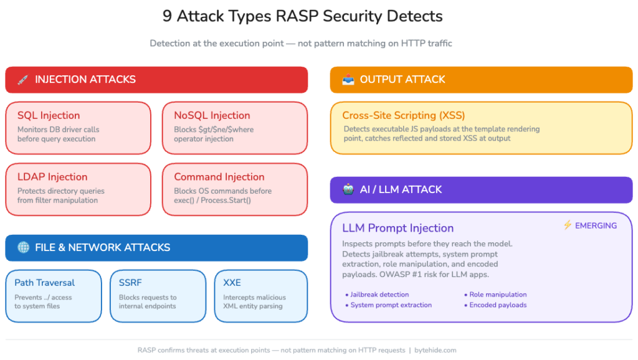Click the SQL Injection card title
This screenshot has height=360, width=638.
(x=49, y=115)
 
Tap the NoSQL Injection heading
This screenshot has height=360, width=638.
(x=212, y=115)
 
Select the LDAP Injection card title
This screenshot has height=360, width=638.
(x=52, y=177)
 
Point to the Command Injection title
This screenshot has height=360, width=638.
(x=219, y=177)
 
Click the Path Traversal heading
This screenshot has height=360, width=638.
(x=45, y=282)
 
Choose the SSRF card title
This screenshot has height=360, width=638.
(x=130, y=282)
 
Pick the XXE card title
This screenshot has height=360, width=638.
(x=232, y=282)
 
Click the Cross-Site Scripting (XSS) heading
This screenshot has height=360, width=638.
(x=403, y=115)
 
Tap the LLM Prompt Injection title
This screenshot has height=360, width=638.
(x=398, y=228)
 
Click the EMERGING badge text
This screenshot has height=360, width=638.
(x=596, y=225)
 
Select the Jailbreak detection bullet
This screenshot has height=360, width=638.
(x=379, y=295)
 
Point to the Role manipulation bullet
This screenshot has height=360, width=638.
(x=497, y=295)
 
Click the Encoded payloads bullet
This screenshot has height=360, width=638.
(x=498, y=305)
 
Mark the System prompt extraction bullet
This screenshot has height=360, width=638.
(x=391, y=305)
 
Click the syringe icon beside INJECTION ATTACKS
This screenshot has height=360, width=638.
(x=22, y=80)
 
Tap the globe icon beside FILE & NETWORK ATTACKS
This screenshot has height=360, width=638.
(x=23, y=247)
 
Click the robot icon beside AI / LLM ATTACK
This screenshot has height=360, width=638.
(x=348, y=189)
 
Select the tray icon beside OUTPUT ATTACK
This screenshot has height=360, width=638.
(x=348, y=80)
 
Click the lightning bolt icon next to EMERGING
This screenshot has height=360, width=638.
(x=567, y=225)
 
